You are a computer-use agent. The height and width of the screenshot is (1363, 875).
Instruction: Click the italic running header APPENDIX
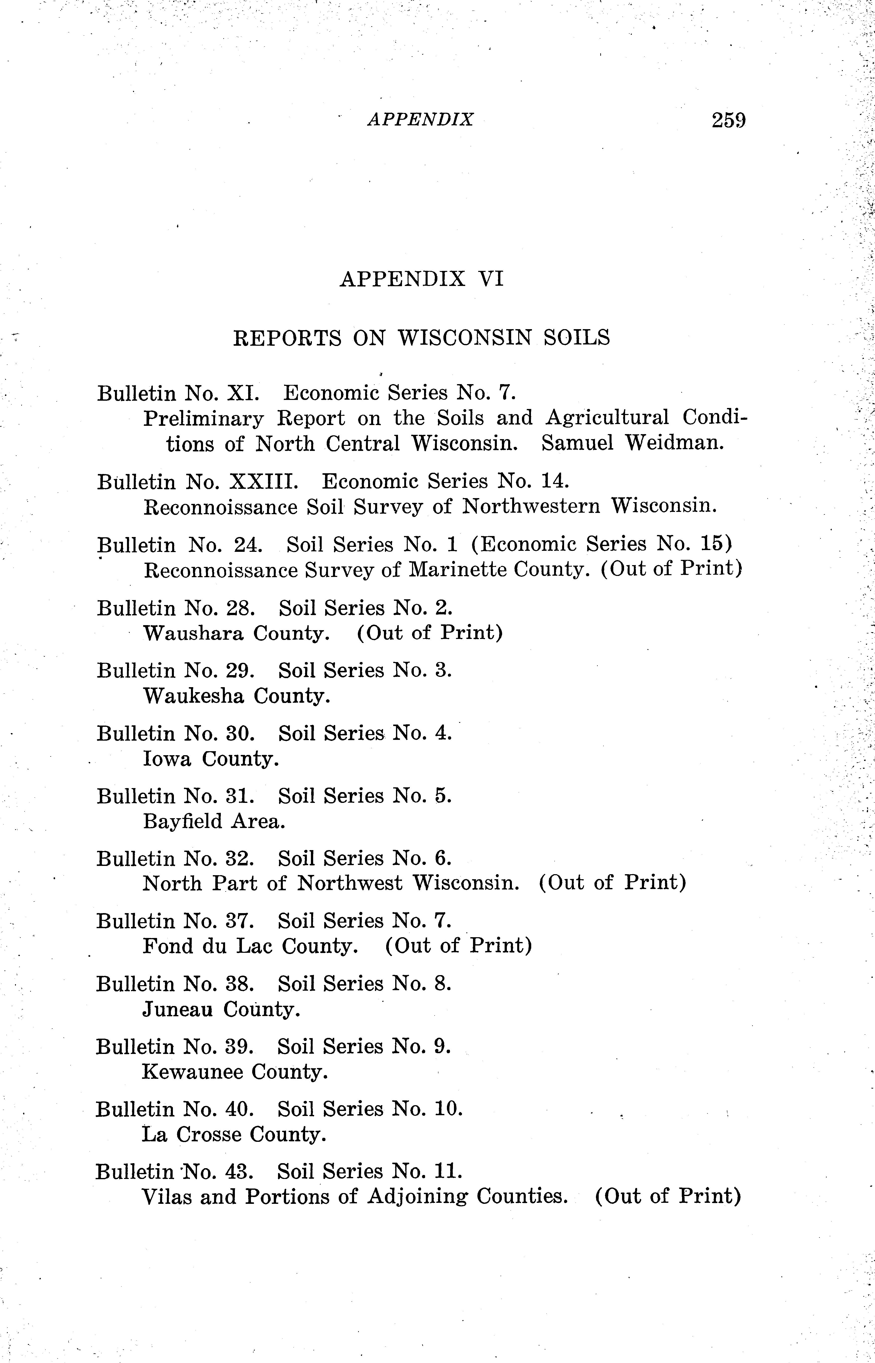(x=421, y=119)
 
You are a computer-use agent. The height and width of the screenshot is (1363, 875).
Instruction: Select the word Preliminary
(x=204, y=418)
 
